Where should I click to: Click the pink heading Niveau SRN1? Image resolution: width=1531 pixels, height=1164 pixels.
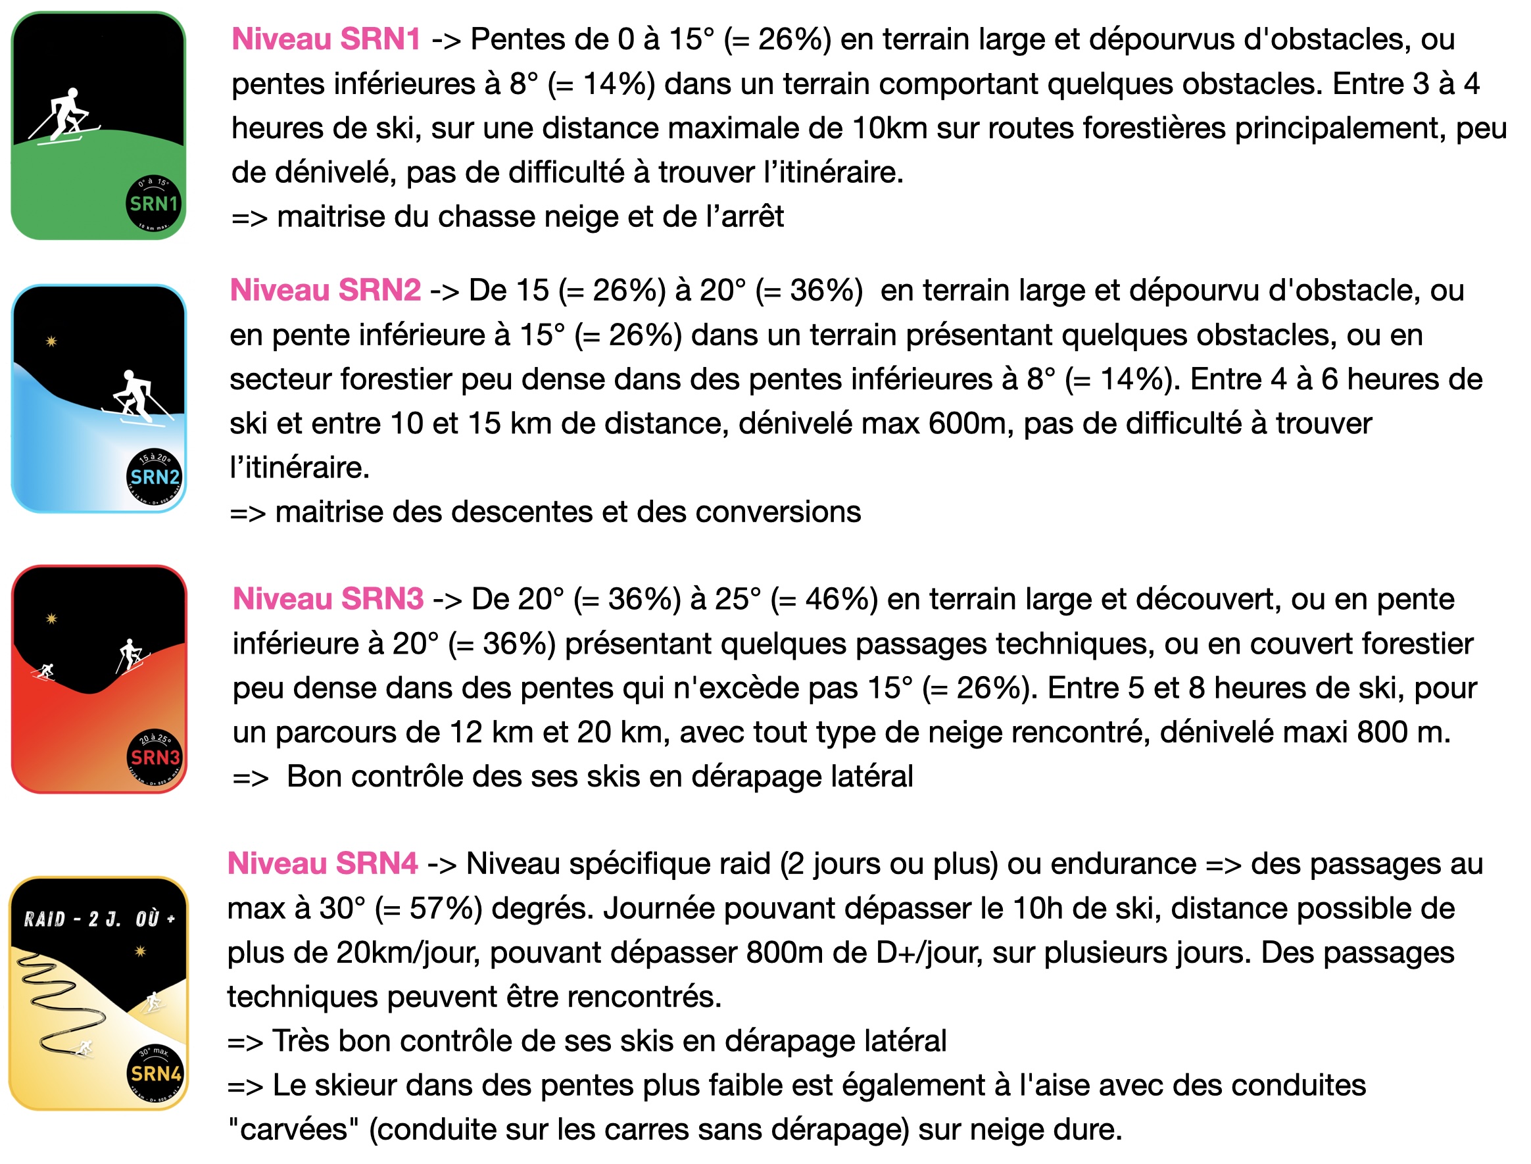tap(326, 39)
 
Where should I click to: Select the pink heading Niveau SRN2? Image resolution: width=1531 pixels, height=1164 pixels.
tap(325, 289)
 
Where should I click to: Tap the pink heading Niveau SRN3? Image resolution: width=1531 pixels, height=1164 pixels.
tap(328, 598)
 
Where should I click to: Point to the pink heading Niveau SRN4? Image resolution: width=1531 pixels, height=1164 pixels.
tap(323, 864)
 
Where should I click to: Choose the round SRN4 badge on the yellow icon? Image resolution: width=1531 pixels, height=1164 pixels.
tap(156, 1073)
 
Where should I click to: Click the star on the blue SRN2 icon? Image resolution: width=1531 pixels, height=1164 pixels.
tap(51, 341)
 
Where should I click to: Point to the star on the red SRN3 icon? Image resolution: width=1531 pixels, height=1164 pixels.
tap(51, 619)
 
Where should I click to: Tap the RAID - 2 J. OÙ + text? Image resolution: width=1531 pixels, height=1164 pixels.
tap(99, 919)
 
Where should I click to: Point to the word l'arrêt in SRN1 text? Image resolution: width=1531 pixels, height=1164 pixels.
tap(744, 217)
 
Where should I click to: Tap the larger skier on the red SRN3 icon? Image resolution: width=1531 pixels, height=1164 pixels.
tap(130, 654)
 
